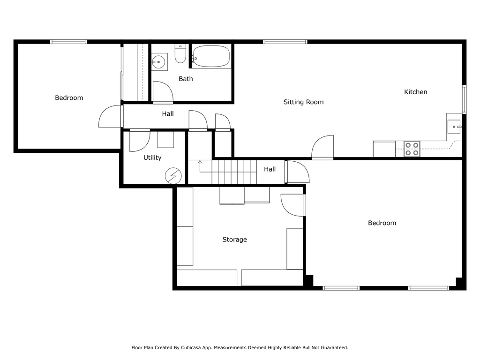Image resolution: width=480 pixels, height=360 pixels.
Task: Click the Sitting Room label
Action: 303,102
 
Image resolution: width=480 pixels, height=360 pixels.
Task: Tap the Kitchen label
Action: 415,92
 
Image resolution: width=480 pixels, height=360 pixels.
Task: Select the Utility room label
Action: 152,157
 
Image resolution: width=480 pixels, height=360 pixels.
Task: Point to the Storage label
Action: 234,240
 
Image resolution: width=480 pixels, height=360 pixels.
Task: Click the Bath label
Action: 186,79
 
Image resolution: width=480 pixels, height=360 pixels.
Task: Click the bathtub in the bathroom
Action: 211,56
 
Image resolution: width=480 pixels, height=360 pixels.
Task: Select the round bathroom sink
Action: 158,62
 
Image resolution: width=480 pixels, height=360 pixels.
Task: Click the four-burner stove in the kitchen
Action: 412,149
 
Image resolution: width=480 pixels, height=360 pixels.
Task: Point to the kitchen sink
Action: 454,127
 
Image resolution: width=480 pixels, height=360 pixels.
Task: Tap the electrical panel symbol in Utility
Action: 173,176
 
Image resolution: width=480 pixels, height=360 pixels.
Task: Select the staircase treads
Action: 234,172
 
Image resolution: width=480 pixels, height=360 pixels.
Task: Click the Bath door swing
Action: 163,92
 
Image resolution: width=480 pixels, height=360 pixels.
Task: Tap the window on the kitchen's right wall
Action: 464,99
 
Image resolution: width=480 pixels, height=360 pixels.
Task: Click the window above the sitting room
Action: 285,42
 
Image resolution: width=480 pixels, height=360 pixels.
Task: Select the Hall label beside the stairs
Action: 270,169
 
